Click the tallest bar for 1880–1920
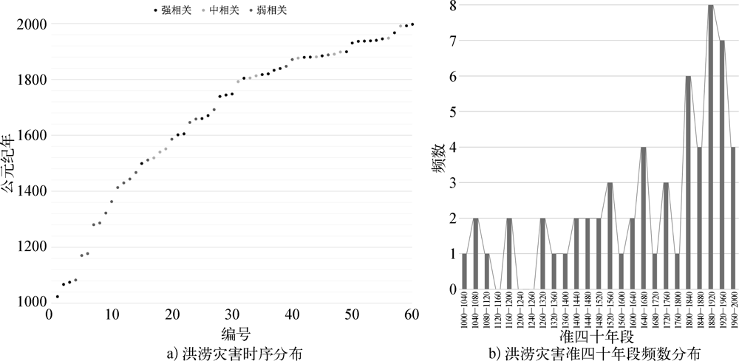point(710,148)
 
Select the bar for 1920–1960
point(721,165)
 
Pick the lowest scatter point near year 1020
point(57,297)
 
